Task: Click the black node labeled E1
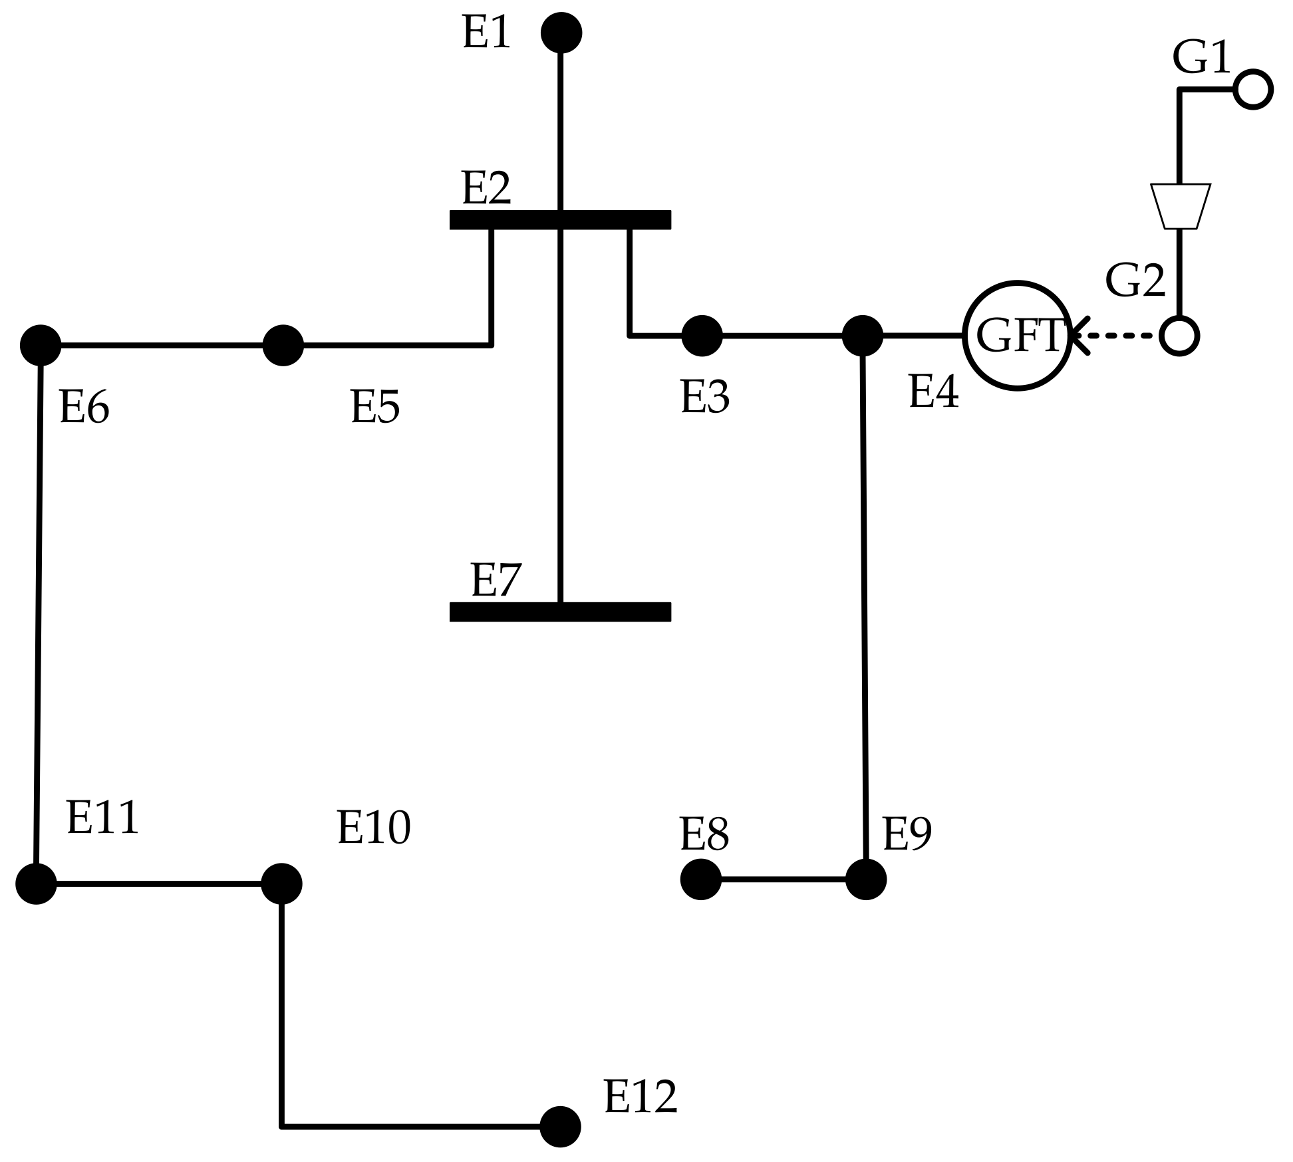[561, 33]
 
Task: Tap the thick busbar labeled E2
[560, 219]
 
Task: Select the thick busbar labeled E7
[560, 612]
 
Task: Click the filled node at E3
[702, 336]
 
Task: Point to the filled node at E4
[862, 336]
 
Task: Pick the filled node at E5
[283, 345]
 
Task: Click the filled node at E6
[41, 345]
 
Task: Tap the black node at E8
[701, 879]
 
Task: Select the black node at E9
[865, 879]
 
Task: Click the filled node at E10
[281, 883]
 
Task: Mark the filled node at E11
[36, 883]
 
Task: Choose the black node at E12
[560, 1127]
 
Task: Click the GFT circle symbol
[1017, 336]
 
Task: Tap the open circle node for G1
[1252, 89]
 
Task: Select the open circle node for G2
[1179, 336]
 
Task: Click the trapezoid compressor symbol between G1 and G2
[1180, 206]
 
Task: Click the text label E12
[640, 1097]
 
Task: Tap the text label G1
[1201, 57]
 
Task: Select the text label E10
[374, 828]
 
